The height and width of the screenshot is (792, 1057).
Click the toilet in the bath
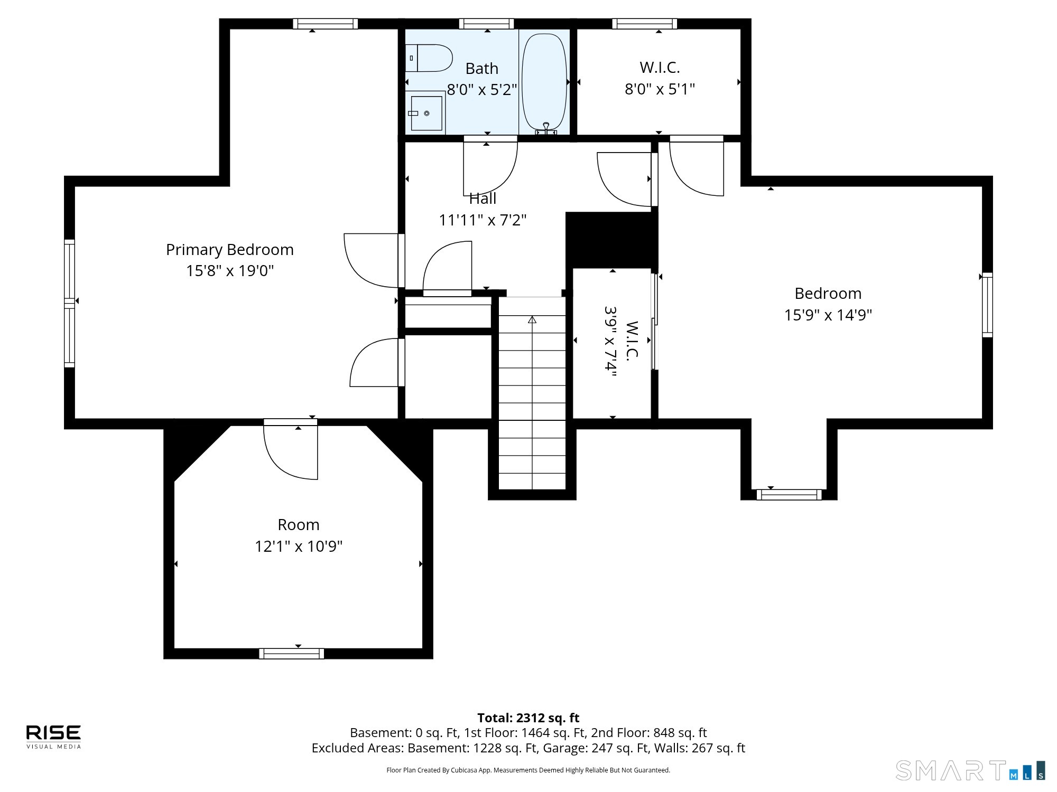[429, 58]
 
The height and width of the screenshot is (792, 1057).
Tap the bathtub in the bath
[544, 82]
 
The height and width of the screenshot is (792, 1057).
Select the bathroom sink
[425, 112]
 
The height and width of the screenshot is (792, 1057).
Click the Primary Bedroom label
[230, 250]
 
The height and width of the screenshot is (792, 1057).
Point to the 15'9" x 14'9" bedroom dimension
[828, 315]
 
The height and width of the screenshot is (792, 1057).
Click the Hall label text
[483, 199]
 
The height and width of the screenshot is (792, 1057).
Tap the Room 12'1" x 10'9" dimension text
[299, 546]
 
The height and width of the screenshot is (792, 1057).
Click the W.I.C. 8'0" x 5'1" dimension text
[660, 89]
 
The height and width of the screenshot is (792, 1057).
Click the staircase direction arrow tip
[532, 317]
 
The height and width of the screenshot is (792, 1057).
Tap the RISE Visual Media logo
[54, 737]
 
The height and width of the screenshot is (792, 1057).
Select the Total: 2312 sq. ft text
[528, 718]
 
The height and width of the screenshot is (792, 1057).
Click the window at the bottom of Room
[292, 654]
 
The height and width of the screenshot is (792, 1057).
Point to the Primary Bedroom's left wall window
[69, 303]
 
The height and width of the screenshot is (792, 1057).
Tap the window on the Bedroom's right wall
[987, 305]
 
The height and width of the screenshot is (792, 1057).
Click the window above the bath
[486, 24]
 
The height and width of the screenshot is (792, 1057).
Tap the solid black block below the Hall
[612, 240]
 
